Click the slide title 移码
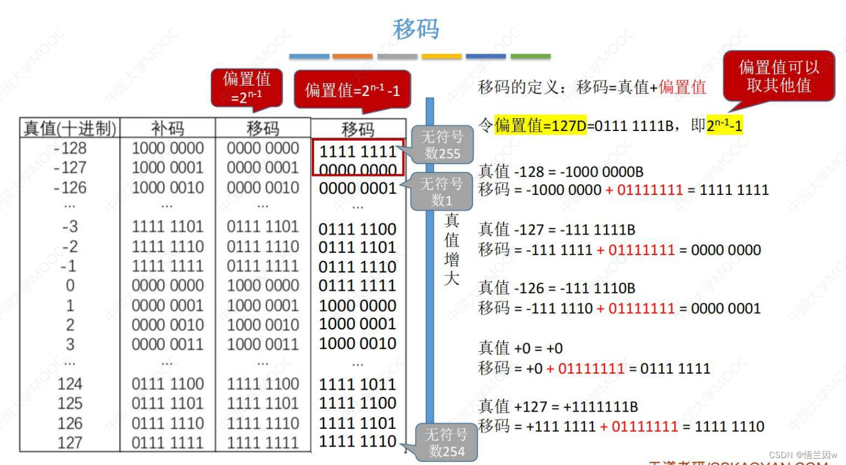(415, 29)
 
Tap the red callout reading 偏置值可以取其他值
(779, 76)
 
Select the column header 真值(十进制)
(70, 128)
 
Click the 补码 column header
(168, 128)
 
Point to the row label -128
(70, 148)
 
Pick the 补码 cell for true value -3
(168, 227)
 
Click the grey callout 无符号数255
(442, 145)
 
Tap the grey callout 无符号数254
(446, 443)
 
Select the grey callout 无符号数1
(441, 192)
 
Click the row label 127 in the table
(70, 443)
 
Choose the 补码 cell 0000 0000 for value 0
(168, 286)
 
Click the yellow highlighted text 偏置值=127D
(540, 125)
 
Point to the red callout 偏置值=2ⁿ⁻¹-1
(352, 90)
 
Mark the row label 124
(70, 384)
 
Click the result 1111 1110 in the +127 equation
(729, 426)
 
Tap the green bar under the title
(530, 56)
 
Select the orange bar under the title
(352, 56)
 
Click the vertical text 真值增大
(452, 250)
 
